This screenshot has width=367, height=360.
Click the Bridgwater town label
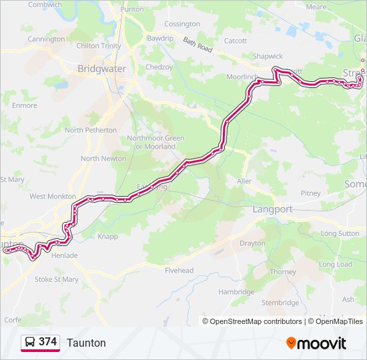pos(101,69)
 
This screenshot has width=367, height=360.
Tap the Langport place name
pos(272,209)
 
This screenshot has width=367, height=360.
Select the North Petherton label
pos(91,130)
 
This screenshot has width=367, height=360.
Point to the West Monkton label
pos(52,197)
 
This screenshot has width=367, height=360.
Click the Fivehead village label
pos(179,271)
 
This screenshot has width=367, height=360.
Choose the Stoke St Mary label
pos(56,279)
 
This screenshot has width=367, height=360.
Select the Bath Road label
pos(198,46)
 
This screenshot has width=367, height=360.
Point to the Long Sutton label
pos(340,233)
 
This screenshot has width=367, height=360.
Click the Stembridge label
pos(280,303)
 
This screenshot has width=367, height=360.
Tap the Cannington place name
pos(46,39)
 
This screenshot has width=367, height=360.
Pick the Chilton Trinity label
pos(99,46)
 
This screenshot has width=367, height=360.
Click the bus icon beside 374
pos(30,342)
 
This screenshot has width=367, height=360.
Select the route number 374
pos(47,342)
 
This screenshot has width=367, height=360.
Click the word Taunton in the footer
pos(86,343)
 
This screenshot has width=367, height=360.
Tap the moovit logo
pos(316,343)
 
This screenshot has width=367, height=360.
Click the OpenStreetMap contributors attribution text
pos(256,321)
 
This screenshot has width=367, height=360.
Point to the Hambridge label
pos(236,292)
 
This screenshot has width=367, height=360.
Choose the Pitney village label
pos(311,193)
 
